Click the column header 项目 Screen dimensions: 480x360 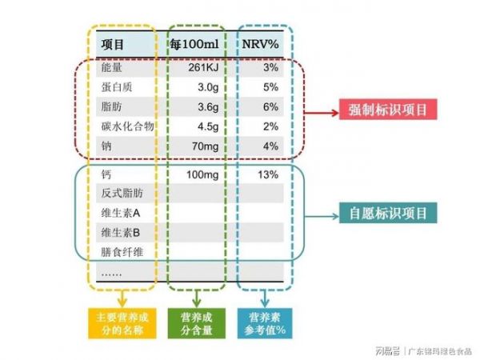point(112,44)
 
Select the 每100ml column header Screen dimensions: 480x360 point(194,44)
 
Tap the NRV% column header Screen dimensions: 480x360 point(260,44)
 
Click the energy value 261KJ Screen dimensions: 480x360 point(203,67)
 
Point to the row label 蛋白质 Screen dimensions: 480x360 point(117,87)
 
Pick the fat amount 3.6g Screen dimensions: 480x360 point(208,107)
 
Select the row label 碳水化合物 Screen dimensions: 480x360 point(127,126)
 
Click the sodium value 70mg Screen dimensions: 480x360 point(205,146)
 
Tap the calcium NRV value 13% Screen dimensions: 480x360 point(268,174)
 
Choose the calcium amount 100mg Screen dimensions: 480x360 point(202,174)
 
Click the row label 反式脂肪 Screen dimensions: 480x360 point(122,193)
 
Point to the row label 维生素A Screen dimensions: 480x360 point(121,213)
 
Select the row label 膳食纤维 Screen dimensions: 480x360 point(122,252)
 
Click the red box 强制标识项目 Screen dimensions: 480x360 point(388,110)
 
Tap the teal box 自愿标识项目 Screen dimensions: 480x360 point(388,213)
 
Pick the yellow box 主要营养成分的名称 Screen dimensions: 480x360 point(122,323)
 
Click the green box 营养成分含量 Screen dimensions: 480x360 point(197,323)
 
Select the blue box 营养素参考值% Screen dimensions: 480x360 point(265,323)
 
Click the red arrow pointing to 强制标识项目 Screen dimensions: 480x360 point(322,113)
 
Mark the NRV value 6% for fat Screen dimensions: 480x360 point(270,107)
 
